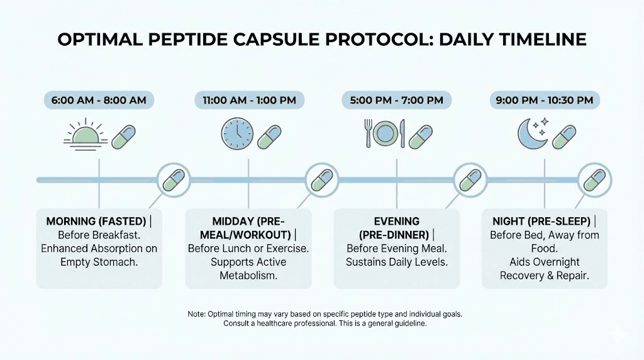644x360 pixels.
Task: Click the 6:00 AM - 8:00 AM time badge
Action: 99,100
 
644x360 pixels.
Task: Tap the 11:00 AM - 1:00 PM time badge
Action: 248,100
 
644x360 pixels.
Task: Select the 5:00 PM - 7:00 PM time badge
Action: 397,100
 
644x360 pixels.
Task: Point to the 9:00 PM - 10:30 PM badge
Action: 545,100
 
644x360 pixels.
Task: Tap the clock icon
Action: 236,134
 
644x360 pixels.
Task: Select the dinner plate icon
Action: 385,133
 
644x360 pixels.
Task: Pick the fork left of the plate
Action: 367,133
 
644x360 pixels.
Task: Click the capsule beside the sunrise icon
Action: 123,136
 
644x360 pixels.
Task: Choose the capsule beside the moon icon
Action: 564,136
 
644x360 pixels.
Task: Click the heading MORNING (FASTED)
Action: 95,222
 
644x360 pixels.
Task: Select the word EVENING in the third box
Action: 397,222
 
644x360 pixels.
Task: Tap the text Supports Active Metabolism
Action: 248,269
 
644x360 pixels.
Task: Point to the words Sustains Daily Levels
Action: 397,262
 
